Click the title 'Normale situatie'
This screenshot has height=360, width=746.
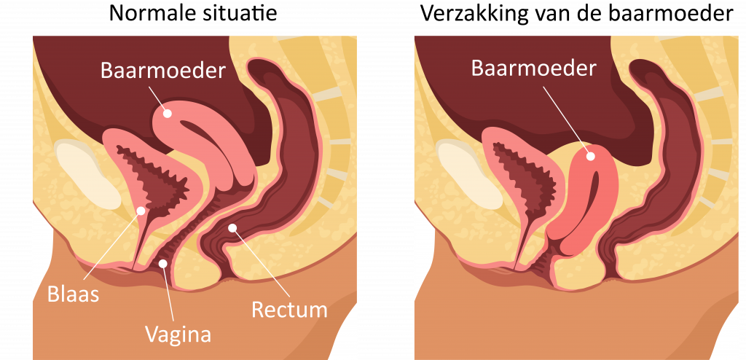pyautogui.click(x=192, y=13)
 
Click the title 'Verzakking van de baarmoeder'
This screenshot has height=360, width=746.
pyautogui.click(x=577, y=14)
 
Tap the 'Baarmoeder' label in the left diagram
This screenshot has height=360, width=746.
pyautogui.click(x=162, y=71)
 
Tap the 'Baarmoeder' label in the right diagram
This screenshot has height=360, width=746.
pyautogui.click(x=534, y=68)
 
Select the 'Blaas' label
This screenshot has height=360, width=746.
pyautogui.click(x=73, y=294)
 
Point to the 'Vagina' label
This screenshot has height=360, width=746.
pyautogui.click(x=178, y=333)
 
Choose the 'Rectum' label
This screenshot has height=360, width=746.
pyautogui.click(x=289, y=310)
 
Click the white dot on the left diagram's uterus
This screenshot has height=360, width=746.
pyautogui.click(x=167, y=114)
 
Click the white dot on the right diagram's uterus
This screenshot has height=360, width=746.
pyautogui.click(x=590, y=155)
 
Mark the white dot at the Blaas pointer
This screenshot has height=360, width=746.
pyautogui.click(x=141, y=210)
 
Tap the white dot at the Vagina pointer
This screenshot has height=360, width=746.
pyautogui.click(x=162, y=263)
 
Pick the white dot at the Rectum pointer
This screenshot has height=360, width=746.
pyautogui.click(x=232, y=227)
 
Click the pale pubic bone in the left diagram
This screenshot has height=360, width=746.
pyautogui.click(x=87, y=175)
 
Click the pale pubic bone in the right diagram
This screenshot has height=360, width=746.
pyautogui.click(x=469, y=175)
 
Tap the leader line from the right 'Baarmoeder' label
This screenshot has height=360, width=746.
pyautogui.click(x=566, y=117)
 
